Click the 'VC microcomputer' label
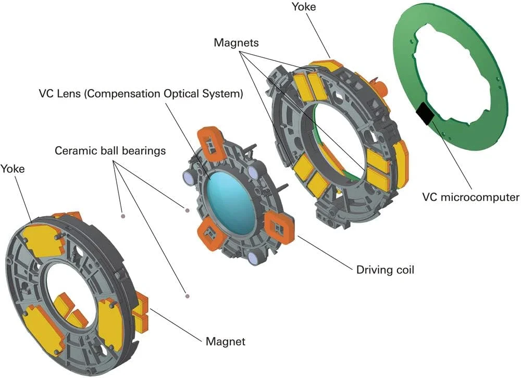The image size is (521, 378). click(x=470, y=197)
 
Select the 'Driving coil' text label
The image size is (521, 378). click(x=385, y=270)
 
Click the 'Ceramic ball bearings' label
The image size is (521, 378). click(x=110, y=151)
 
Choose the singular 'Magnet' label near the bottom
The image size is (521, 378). click(x=226, y=342)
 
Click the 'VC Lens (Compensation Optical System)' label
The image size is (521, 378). click(x=141, y=94)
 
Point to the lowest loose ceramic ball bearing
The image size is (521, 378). click(x=187, y=296)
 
